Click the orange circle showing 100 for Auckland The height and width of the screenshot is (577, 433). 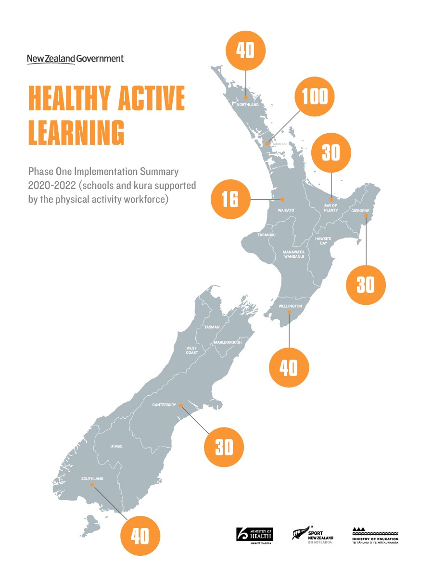pyautogui.click(x=314, y=97)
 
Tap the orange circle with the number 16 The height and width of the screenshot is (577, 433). pyautogui.click(x=230, y=199)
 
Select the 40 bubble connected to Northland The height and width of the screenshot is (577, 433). pyautogui.click(x=246, y=50)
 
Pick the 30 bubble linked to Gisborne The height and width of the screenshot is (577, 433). pyautogui.click(x=366, y=285)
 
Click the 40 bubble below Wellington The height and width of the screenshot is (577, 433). pyautogui.click(x=289, y=368)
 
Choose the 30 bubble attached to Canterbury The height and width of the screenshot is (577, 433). pyautogui.click(x=224, y=448)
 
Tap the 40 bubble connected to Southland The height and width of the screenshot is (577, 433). pyautogui.click(x=140, y=536)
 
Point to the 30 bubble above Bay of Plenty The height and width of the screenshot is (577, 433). pyautogui.click(x=331, y=152)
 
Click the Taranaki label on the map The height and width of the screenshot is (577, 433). pyautogui.click(x=266, y=235)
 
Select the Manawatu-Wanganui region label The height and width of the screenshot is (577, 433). pyautogui.click(x=293, y=254)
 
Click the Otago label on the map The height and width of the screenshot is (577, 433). pyautogui.click(x=116, y=446)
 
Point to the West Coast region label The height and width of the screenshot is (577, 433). pyautogui.click(x=192, y=350)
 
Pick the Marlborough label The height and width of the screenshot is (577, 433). pyautogui.click(x=228, y=342)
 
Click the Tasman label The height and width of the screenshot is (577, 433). pyautogui.click(x=212, y=327)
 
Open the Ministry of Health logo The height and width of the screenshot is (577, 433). pyautogui.click(x=255, y=535)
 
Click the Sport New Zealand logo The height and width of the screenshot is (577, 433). pyautogui.click(x=313, y=535)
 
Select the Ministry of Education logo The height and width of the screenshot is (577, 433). pyautogui.click(x=375, y=535)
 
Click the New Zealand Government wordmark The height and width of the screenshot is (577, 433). pyautogui.click(x=75, y=59)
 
